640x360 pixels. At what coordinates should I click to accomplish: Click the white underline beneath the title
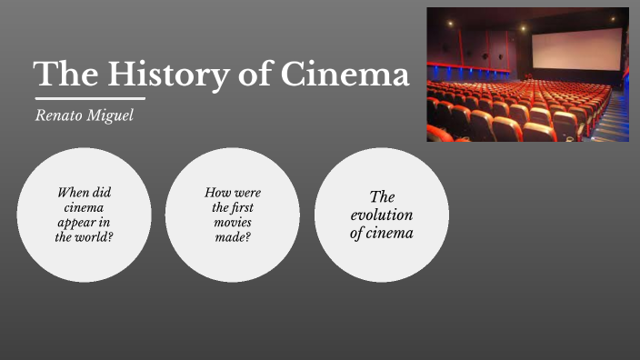pyautogui.click(x=90, y=98)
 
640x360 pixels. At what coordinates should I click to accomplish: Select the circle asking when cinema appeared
pyautogui.click(x=84, y=215)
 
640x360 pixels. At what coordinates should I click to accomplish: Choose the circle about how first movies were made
pyautogui.click(x=233, y=215)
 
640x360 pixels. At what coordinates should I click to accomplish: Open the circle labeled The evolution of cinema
pyautogui.click(x=382, y=215)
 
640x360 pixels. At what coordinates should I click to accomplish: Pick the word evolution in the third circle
pyautogui.click(x=382, y=215)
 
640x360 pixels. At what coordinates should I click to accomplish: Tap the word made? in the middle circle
pyautogui.click(x=233, y=237)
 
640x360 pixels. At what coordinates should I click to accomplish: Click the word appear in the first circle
pyautogui.click(x=84, y=223)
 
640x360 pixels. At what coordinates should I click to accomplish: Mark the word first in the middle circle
pyautogui.click(x=242, y=207)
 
